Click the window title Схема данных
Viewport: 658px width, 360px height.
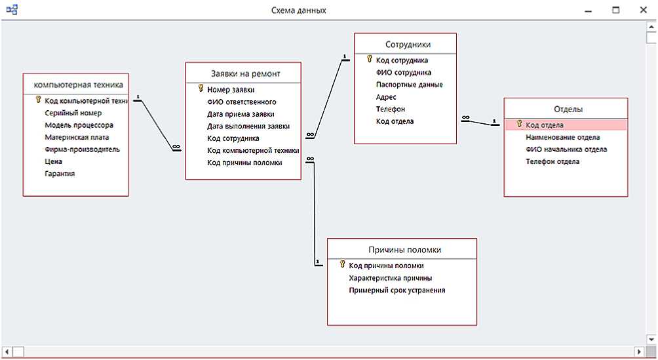tap(298, 10)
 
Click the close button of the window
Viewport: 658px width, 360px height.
tap(644, 10)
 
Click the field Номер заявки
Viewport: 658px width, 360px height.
tap(231, 90)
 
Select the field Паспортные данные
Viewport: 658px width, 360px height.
tap(410, 85)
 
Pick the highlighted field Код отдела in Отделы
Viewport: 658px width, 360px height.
tap(544, 125)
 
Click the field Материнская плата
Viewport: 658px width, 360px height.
tap(77, 137)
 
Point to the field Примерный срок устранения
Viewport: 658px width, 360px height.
tap(397, 290)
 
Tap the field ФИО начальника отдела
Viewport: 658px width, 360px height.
tap(566, 149)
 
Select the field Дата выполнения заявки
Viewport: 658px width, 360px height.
tap(248, 126)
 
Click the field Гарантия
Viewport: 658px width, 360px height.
tap(60, 174)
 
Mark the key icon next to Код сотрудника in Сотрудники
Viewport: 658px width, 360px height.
tap(369, 60)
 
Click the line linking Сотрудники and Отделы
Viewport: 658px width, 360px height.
tap(480, 122)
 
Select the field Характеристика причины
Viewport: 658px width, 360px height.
tap(390, 278)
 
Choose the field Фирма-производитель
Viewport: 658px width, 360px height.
tap(82, 149)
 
